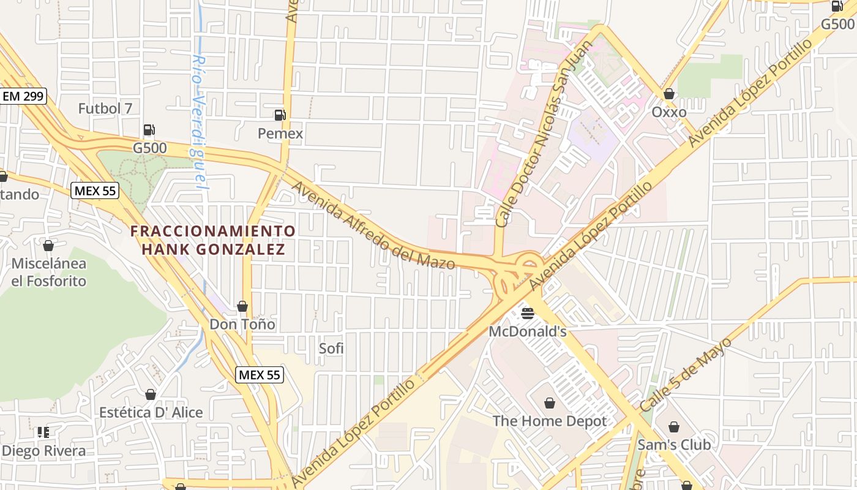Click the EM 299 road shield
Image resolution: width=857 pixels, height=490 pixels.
(x=23, y=96)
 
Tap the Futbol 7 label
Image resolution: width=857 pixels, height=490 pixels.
(x=105, y=108)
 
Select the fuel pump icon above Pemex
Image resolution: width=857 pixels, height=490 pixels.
(x=280, y=115)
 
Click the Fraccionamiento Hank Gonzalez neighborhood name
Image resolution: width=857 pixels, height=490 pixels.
(x=213, y=240)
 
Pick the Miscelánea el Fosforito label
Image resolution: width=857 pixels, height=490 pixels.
(x=49, y=273)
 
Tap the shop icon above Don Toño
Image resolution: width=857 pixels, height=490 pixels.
(x=242, y=306)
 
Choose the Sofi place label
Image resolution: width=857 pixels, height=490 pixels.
(x=331, y=349)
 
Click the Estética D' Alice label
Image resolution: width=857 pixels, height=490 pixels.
(x=151, y=412)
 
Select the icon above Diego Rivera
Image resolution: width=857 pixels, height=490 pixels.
(x=43, y=432)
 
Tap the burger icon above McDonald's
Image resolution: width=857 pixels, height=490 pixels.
(x=528, y=314)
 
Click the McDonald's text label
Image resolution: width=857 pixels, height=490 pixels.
(x=528, y=331)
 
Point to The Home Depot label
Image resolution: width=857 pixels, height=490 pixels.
(x=550, y=421)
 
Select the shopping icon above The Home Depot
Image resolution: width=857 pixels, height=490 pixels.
(x=550, y=403)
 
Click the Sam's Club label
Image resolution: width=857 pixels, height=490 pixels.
(x=674, y=445)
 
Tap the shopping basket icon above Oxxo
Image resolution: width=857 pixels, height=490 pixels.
(x=669, y=94)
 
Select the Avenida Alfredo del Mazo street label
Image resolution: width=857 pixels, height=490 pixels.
(x=373, y=225)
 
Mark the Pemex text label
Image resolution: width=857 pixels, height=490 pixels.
(x=280, y=133)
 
